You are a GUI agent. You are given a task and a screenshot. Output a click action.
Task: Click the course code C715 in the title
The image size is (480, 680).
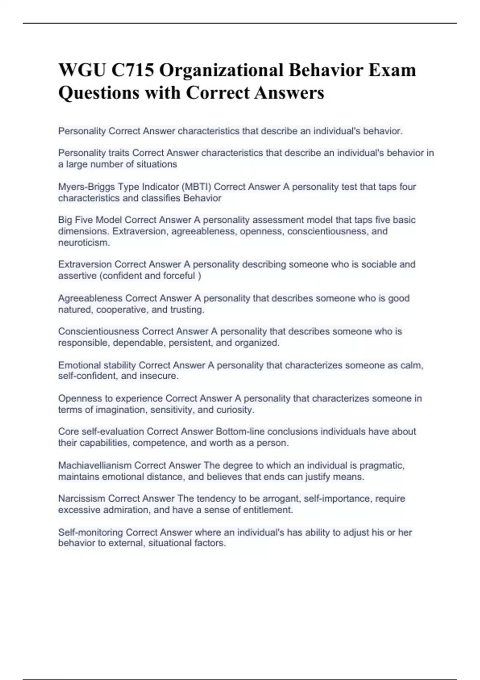(132, 70)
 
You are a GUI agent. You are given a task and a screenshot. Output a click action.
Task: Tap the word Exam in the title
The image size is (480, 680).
(392, 70)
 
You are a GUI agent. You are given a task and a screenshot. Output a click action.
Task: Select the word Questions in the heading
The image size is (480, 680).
(98, 93)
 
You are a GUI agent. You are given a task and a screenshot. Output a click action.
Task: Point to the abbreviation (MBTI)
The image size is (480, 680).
(196, 187)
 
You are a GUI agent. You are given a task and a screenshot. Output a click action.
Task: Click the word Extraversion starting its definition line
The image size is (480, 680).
(85, 264)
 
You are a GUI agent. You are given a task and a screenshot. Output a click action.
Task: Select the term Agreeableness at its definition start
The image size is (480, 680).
(90, 298)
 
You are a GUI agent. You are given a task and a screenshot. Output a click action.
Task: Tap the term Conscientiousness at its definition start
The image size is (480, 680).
(99, 332)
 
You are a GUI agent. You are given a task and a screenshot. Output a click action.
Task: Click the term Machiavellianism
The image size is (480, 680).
(95, 466)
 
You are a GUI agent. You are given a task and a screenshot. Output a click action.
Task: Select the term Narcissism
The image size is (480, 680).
(82, 499)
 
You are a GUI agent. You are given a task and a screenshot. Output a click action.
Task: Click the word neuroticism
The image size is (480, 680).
(84, 242)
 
